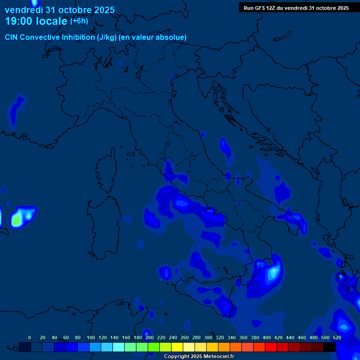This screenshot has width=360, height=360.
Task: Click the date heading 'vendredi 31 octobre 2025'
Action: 60,10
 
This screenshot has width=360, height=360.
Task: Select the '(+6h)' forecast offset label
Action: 79,21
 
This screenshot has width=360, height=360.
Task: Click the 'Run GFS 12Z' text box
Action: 296,8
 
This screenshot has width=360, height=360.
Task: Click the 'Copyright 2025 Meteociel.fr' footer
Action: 199,357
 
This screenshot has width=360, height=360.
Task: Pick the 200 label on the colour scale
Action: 149,337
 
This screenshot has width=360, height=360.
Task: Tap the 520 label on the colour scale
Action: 337,337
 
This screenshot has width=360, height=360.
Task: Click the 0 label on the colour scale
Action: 30,337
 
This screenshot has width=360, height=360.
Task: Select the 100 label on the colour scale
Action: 91,337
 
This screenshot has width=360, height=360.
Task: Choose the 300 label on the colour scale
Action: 208,337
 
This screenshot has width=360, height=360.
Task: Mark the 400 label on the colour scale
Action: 266,337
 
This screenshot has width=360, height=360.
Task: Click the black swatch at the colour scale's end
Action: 330,347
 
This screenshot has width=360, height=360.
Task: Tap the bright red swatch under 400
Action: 271,347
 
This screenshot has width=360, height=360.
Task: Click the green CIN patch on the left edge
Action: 17,219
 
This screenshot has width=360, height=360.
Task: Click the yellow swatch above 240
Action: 177,347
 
